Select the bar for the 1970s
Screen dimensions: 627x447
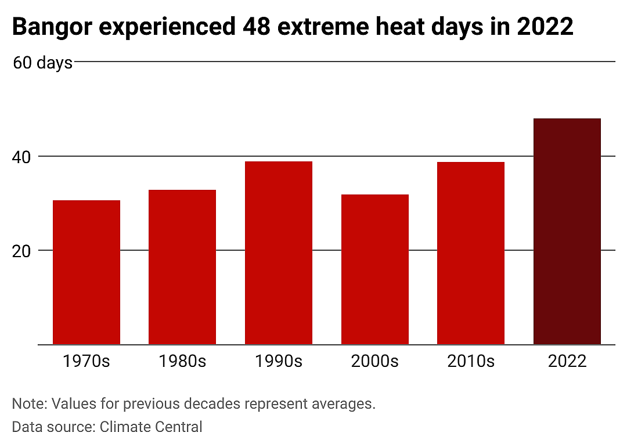(87, 272)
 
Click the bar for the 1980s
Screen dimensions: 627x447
(182, 267)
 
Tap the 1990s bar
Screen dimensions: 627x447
(279, 253)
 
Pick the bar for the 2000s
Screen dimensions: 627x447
(375, 269)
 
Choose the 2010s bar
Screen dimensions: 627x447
(471, 254)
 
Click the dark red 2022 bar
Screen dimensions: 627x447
(567, 232)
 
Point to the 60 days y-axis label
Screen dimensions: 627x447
(43, 63)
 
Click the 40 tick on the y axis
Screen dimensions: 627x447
(21, 157)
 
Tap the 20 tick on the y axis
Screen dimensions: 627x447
(21, 251)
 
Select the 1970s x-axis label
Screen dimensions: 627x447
(87, 361)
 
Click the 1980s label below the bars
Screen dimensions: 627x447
(182, 361)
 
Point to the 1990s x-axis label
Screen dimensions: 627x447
(279, 361)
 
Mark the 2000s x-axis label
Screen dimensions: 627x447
(375, 361)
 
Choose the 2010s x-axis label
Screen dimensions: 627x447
(471, 361)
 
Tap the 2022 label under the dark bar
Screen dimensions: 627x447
(567, 361)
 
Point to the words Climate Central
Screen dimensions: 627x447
(151, 427)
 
